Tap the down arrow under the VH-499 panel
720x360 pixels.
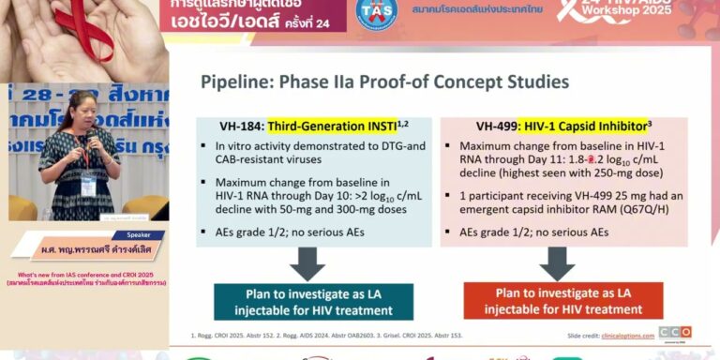click(557, 262)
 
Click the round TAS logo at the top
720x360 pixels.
click(377, 12)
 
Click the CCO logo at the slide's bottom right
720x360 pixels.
click(674, 332)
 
